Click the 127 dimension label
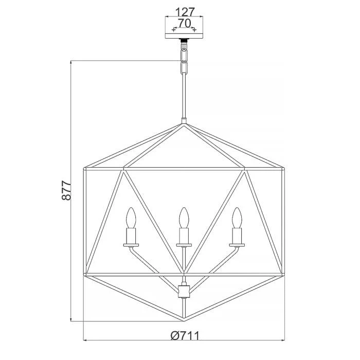click(185, 11)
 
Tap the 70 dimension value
click(185, 23)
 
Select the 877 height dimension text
click(66, 191)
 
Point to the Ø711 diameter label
click(185, 336)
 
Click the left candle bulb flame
click(131, 218)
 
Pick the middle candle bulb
click(184, 218)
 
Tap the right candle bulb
click(237, 218)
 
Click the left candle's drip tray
click(131, 245)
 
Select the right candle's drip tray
click(237, 245)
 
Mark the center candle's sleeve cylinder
click(184, 236)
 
